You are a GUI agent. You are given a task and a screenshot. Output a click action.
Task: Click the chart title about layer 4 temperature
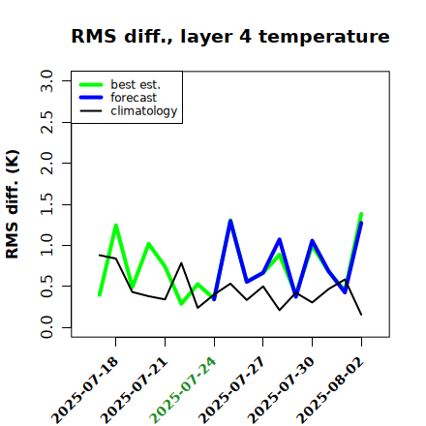pyautogui.click(x=230, y=36)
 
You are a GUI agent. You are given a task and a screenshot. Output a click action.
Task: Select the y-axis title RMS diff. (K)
pyautogui.click(x=13, y=204)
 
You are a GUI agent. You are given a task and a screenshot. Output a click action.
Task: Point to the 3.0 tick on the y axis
pyautogui.click(x=46, y=80)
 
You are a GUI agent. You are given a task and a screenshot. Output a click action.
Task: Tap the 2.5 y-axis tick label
pyautogui.click(x=46, y=122)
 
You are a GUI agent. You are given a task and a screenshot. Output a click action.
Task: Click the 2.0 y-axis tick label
pyautogui.click(x=46, y=163)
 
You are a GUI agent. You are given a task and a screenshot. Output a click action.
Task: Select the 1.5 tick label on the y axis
pyautogui.click(x=46, y=204)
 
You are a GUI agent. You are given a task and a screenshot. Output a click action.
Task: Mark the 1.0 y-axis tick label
pyautogui.click(x=46, y=245)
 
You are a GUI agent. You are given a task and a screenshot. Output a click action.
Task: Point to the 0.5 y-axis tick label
pyautogui.click(x=46, y=287)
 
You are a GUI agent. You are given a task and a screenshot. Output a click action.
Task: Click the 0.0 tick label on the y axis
pyautogui.click(x=46, y=327)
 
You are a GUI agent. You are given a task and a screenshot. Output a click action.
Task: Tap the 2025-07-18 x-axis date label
pyautogui.click(x=84, y=391)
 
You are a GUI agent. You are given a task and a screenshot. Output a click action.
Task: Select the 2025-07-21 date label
pyautogui.click(x=134, y=391)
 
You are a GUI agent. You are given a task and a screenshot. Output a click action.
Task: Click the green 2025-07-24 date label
pyautogui.click(x=183, y=391)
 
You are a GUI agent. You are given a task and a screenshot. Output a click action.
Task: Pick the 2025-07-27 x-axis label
pyautogui.click(x=231, y=391)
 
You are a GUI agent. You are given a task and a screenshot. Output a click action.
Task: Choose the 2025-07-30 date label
pyautogui.click(x=281, y=391)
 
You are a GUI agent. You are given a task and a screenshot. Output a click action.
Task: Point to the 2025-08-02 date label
pyautogui.click(x=330, y=391)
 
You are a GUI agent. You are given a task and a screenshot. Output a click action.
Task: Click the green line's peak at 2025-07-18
pyautogui.click(x=116, y=225)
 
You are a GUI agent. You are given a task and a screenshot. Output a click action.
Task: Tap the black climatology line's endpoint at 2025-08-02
pyautogui.click(x=361, y=315)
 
